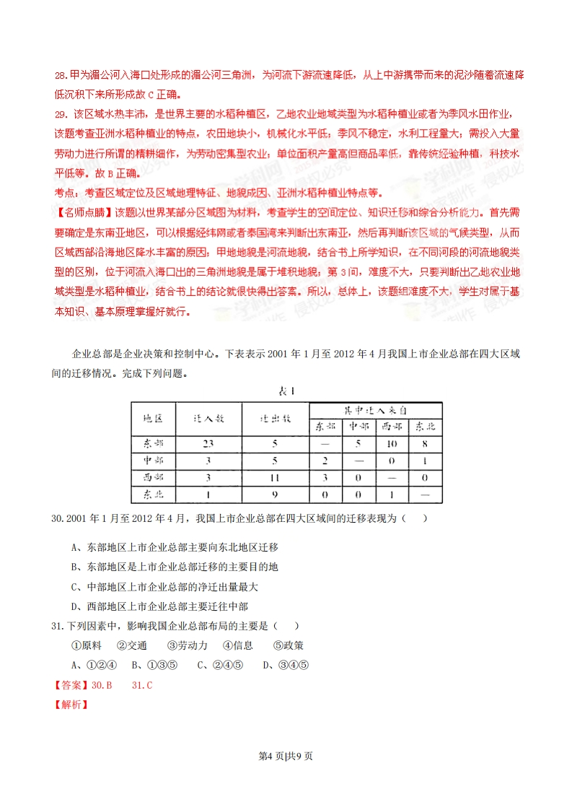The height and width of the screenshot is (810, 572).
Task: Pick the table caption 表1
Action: pos(288,391)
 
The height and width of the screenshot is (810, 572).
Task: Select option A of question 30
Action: pos(175,547)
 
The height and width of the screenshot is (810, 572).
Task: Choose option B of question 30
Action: pos(175,567)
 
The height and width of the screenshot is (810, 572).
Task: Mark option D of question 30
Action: pos(164,606)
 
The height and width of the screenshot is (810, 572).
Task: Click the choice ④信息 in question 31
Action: pos(237,645)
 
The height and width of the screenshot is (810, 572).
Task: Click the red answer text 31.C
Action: pos(142,684)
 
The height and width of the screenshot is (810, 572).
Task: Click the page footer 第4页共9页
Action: pos(286,756)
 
